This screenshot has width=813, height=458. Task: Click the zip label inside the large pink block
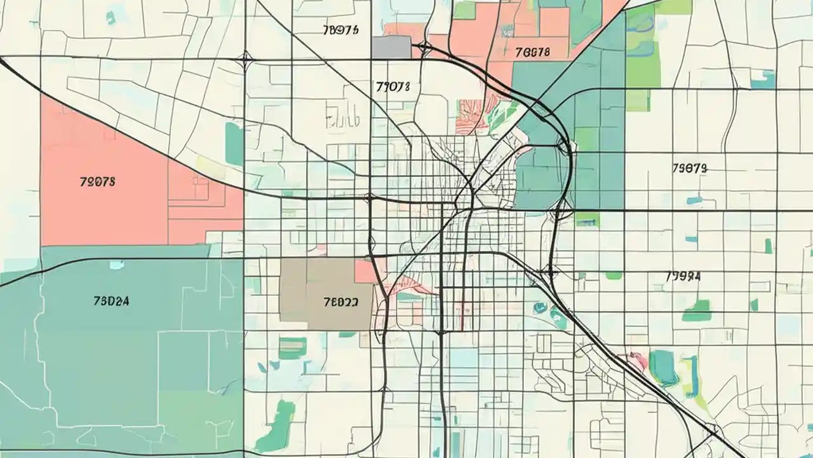(x=98, y=181)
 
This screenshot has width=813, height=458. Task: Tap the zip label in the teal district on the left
(x=111, y=301)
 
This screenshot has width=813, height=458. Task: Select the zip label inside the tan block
(x=340, y=303)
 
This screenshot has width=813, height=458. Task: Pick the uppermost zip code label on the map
(x=341, y=30)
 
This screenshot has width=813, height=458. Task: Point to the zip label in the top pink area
(x=532, y=52)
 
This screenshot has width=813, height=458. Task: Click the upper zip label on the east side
(x=689, y=169)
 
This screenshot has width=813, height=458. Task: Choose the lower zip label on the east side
(x=683, y=277)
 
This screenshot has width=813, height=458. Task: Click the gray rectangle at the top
(x=391, y=47)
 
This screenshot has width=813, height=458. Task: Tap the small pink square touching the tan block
(x=365, y=270)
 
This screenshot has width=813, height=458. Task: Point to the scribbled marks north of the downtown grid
(x=343, y=114)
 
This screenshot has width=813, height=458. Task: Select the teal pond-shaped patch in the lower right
(x=664, y=368)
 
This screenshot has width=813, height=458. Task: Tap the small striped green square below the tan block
(x=292, y=347)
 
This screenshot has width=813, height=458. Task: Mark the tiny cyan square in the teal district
(x=116, y=263)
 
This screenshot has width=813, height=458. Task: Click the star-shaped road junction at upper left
(x=245, y=61)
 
